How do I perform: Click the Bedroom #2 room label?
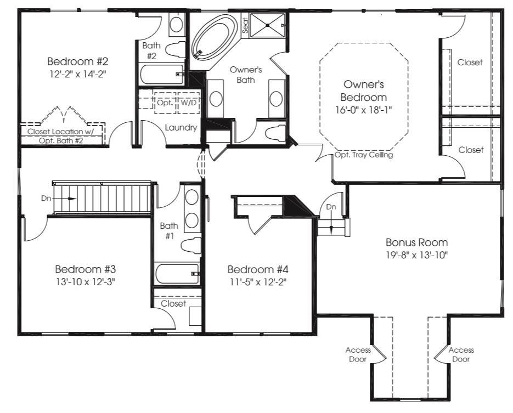[x=76, y=60]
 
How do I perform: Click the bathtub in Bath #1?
[x=177, y=273]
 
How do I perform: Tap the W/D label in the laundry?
[x=189, y=103]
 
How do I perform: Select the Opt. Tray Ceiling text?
[x=364, y=155]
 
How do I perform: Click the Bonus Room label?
[x=416, y=242]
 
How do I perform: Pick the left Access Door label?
[x=358, y=354]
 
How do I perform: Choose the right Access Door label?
[x=461, y=354]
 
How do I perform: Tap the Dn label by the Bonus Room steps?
[x=331, y=207]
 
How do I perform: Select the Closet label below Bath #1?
[x=173, y=303]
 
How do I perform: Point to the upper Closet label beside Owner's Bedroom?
[x=470, y=62]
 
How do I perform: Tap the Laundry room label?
[x=181, y=128]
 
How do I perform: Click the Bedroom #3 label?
[x=85, y=269]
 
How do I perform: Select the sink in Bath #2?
[x=176, y=24]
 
